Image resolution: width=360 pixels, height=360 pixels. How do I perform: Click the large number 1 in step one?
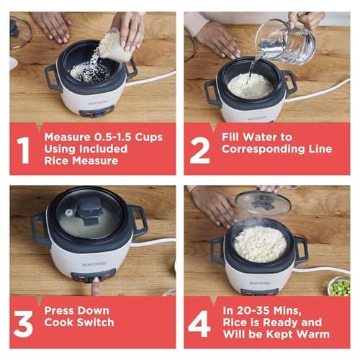[24, 150]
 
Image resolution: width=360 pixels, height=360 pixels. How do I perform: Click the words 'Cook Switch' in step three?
[79, 323]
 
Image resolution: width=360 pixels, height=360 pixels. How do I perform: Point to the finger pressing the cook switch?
[96, 287]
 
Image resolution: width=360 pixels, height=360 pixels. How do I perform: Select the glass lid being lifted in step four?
[263, 202]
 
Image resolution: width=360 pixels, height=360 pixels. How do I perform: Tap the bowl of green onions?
[339, 287]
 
